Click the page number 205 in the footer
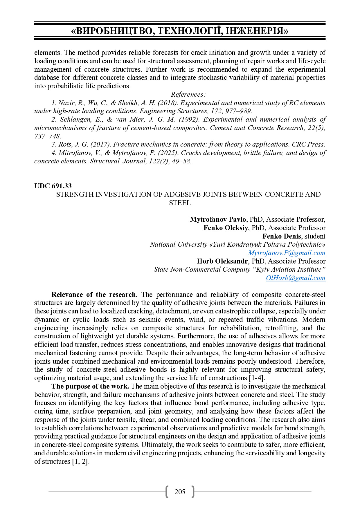coord(180,492)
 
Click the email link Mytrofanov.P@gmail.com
coord(287,253)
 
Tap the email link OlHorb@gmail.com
coord(296,278)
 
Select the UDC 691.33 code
coord(53,186)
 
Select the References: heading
coord(188,94)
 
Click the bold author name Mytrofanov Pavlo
coord(218,219)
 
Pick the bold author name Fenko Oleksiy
coord(226,228)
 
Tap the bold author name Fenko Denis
coord(282,236)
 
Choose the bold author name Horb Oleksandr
coord(222,261)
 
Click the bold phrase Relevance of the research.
coord(94,295)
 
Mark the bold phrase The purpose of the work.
coord(90,386)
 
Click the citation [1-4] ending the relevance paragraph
coord(257,378)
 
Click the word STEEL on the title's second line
coord(180,203)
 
